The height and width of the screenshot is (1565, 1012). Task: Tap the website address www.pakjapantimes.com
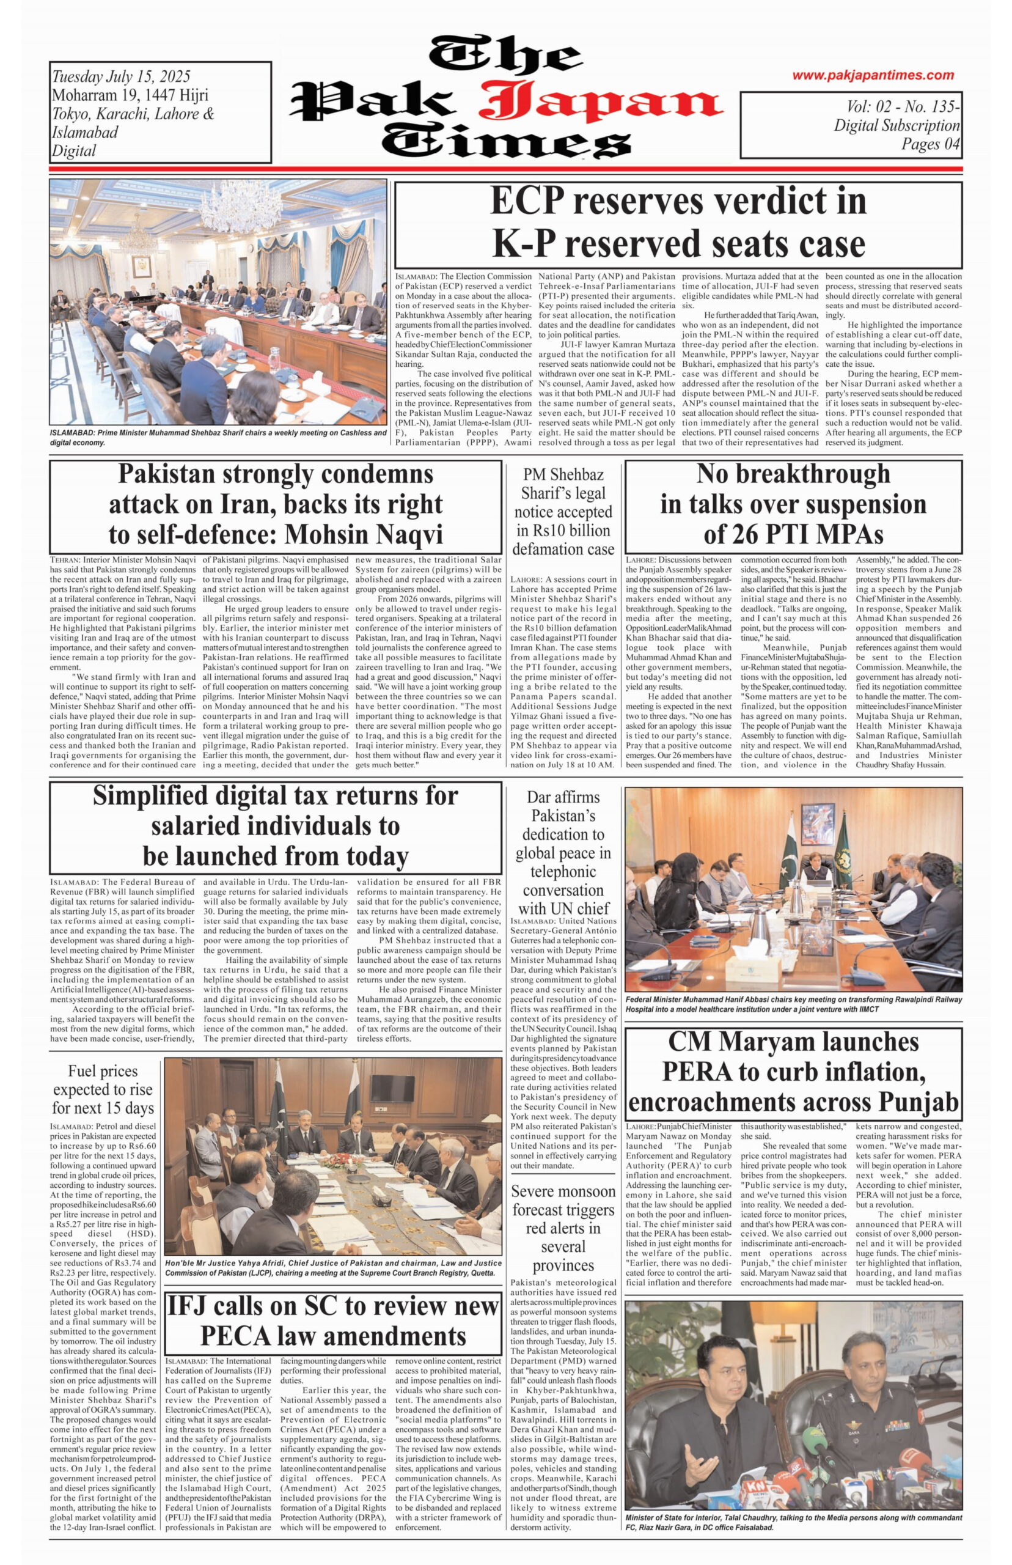tap(872, 75)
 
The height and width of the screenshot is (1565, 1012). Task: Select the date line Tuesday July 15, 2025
tap(121, 77)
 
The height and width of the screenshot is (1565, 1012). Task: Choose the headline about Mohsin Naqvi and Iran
tap(276, 504)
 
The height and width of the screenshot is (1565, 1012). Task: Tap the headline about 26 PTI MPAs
tap(793, 504)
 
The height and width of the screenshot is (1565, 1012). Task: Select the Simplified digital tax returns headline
tap(276, 825)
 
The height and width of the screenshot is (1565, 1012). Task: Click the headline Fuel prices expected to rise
tap(103, 1089)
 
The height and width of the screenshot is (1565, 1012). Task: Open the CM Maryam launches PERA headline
tap(793, 1072)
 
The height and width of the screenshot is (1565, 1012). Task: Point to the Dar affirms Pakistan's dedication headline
tap(563, 853)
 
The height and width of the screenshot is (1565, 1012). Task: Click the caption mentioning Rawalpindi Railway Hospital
tap(793, 1004)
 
